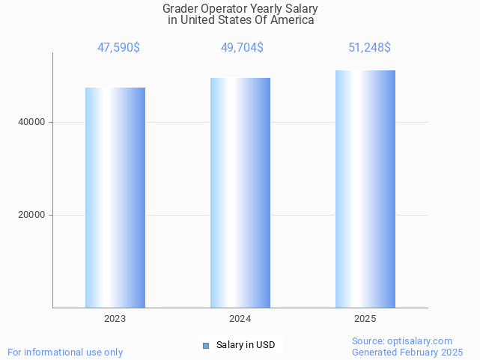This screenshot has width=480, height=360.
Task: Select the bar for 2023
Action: (115, 198)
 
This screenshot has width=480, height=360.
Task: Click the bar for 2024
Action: (240, 192)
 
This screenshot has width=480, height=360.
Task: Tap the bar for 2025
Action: (365, 189)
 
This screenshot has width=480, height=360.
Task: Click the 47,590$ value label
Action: (118, 48)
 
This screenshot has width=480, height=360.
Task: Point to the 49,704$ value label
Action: (242, 48)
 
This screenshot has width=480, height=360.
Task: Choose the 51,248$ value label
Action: (369, 48)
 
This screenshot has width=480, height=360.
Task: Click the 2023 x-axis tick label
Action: (115, 319)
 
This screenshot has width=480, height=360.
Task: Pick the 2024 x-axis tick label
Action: (240, 319)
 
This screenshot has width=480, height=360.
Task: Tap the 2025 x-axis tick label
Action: (365, 319)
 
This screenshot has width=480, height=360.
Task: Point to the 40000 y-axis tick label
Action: (31, 122)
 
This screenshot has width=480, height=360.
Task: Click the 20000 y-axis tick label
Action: (31, 215)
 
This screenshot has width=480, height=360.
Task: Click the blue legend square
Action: (206, 345)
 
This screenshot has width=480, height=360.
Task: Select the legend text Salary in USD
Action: (246, 345)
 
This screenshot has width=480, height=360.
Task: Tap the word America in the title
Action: (292, 20)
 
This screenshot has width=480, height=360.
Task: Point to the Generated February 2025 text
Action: (407, 352)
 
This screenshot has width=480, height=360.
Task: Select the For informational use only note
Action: (65, 352)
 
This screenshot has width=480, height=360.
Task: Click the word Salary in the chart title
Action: (300, 9)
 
